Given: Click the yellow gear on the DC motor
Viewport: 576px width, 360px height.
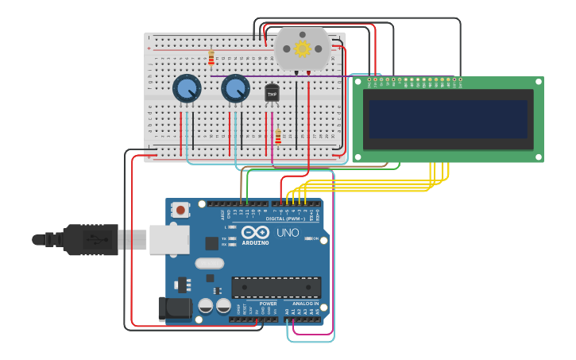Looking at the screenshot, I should coord(302,49).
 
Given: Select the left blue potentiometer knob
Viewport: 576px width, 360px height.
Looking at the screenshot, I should coord(187,89).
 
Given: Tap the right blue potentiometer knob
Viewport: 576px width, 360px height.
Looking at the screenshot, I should coord(235,89).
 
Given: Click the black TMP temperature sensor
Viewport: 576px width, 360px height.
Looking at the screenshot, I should coord(272,94).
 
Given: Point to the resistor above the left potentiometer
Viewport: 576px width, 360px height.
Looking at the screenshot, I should coord(211,58).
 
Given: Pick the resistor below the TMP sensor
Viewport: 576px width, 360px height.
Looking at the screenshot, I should coord(278,137).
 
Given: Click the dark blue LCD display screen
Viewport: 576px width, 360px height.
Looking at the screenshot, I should coord(448,118).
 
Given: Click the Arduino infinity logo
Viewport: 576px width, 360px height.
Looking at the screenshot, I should coord(261,233).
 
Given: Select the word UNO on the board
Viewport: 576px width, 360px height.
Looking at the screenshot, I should coord(288,233).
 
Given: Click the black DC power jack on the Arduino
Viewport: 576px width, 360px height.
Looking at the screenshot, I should coord(175,309).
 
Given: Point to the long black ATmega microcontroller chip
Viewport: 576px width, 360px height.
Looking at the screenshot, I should coord(276,287).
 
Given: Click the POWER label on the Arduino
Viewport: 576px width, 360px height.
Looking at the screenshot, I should coord(268,304).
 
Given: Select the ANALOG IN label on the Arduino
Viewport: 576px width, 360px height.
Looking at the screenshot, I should coord(305,304).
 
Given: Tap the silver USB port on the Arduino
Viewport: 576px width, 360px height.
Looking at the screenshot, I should coord(169,239).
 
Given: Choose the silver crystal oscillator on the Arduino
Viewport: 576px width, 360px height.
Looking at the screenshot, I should coord(210,263).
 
